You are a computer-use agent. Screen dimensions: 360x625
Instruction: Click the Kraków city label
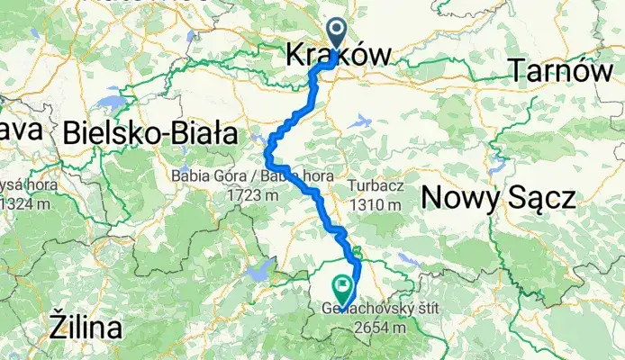[x=338, y=56]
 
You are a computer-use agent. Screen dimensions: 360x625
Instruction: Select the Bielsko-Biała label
[x=150, y=134]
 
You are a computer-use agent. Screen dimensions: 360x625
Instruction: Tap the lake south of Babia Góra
[x=263, y=267]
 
